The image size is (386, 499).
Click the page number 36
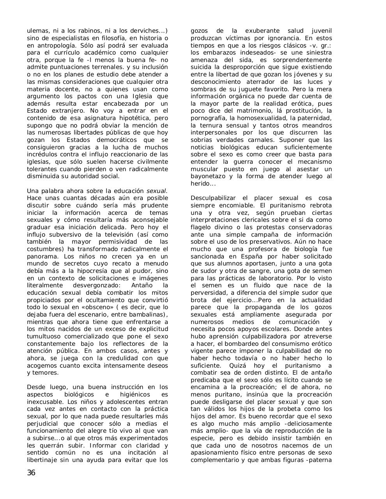[x=31, y=473]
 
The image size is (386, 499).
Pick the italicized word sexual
[x=156, y=191]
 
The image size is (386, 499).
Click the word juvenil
[x=322, y=31]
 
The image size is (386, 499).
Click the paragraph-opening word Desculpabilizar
[x=214, y=198]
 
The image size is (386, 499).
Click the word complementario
[x=215, y=460]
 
